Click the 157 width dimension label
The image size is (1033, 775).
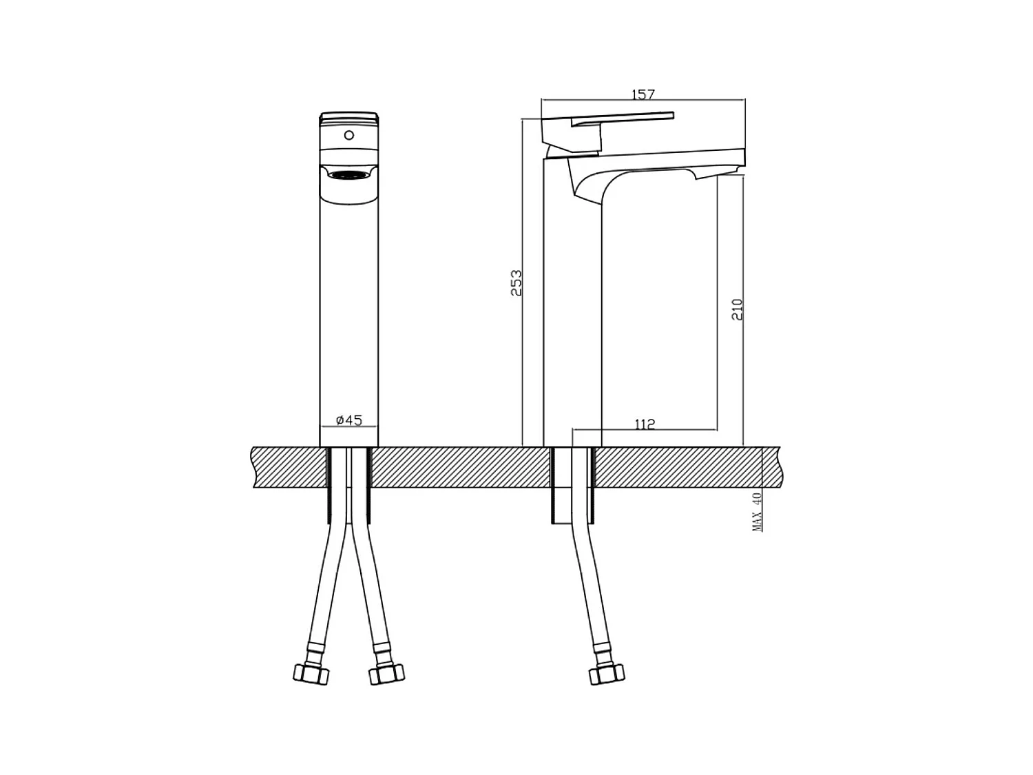click(x=643, y=94)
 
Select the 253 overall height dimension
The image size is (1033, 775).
click(x=516, y=282)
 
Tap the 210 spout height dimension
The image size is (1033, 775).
click(x=736, y=309)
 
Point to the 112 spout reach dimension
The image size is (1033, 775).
click(x=645, y=424)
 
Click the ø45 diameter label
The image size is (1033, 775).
click(x=349, y=420)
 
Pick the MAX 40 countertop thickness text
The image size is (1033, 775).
click(x=758, y=512)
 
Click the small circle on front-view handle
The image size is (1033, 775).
click(x=348, y=136)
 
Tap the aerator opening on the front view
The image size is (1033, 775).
click(x=348, y=175)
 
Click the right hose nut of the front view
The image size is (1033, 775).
click(x=386, y=674)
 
